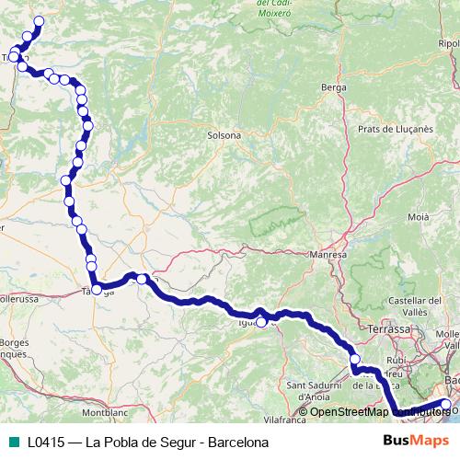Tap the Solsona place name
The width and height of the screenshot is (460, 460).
[x=224, y=135]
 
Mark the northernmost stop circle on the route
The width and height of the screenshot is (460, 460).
[x=39, y=21]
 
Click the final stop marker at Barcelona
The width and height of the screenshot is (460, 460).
[x=446, y=404]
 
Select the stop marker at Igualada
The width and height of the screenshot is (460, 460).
[x=261, y=321]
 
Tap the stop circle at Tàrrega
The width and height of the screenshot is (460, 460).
[x=97, y=290]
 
